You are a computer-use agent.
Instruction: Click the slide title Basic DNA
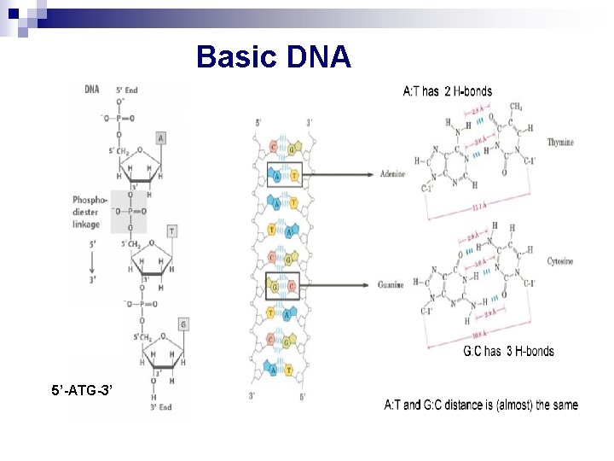point(273,57)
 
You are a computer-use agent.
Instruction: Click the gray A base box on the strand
point(160,138)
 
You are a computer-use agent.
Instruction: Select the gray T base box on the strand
point(172,231)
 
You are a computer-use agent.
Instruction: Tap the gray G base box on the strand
point(183,324)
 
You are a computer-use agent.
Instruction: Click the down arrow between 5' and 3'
point(91,263)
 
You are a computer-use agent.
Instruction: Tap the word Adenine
point(392,174)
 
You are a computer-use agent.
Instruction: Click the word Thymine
point(560,143)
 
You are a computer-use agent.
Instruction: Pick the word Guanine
point(391,284)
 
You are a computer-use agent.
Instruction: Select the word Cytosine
point(560,261)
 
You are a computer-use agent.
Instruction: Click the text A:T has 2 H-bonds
point(447,91)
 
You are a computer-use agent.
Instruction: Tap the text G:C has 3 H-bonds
point(508,351)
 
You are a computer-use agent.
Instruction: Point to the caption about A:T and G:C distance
point(481,405)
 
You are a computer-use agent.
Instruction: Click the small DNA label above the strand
point(91,90)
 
